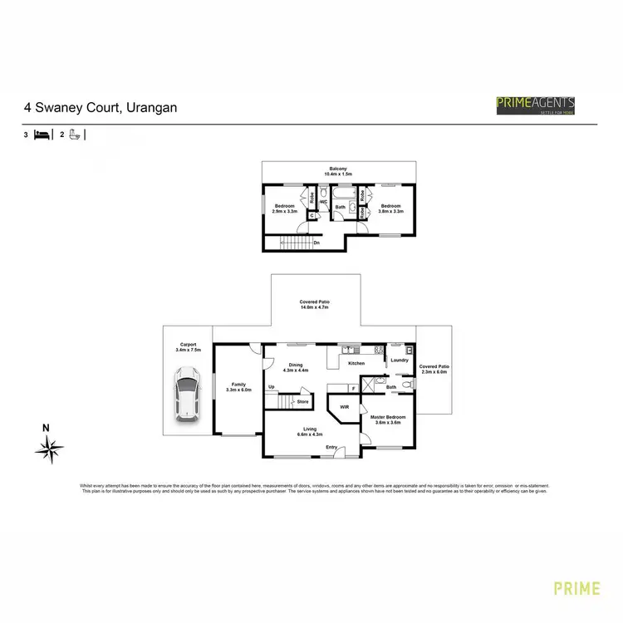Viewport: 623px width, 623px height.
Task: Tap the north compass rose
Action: pos(49,449)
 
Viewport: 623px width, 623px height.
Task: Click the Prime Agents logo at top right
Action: pos(535,105)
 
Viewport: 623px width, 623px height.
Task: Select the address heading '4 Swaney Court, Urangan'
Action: pos(100,107)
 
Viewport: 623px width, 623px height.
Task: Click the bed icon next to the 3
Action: pos(42,134)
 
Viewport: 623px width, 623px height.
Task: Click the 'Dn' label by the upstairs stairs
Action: pos(316,243)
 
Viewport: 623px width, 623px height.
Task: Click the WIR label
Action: pos(344,408)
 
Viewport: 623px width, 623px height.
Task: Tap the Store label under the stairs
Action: pos(302,402)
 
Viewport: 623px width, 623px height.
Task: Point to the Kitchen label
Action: pos(356,364)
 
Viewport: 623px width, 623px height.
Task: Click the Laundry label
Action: pos(400,361)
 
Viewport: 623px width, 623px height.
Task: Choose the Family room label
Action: pos(239,387)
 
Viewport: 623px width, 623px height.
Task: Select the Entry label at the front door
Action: pos(331,448)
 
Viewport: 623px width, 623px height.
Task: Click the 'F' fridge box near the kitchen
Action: pos(355,388)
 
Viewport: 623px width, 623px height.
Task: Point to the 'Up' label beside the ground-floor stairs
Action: pos(272,387)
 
